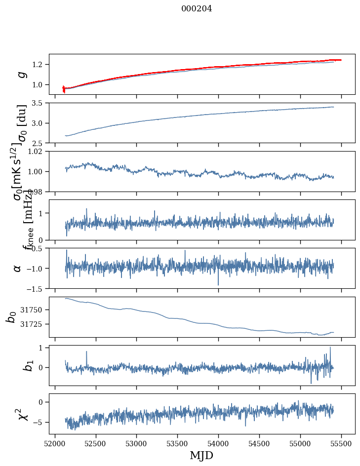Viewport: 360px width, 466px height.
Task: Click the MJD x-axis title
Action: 201,455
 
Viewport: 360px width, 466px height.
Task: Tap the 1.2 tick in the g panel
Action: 40,65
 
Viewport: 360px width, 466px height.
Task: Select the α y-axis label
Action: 18,268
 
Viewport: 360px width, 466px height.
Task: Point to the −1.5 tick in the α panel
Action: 36,288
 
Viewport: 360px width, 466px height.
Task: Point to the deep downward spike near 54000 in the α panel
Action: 218,284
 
